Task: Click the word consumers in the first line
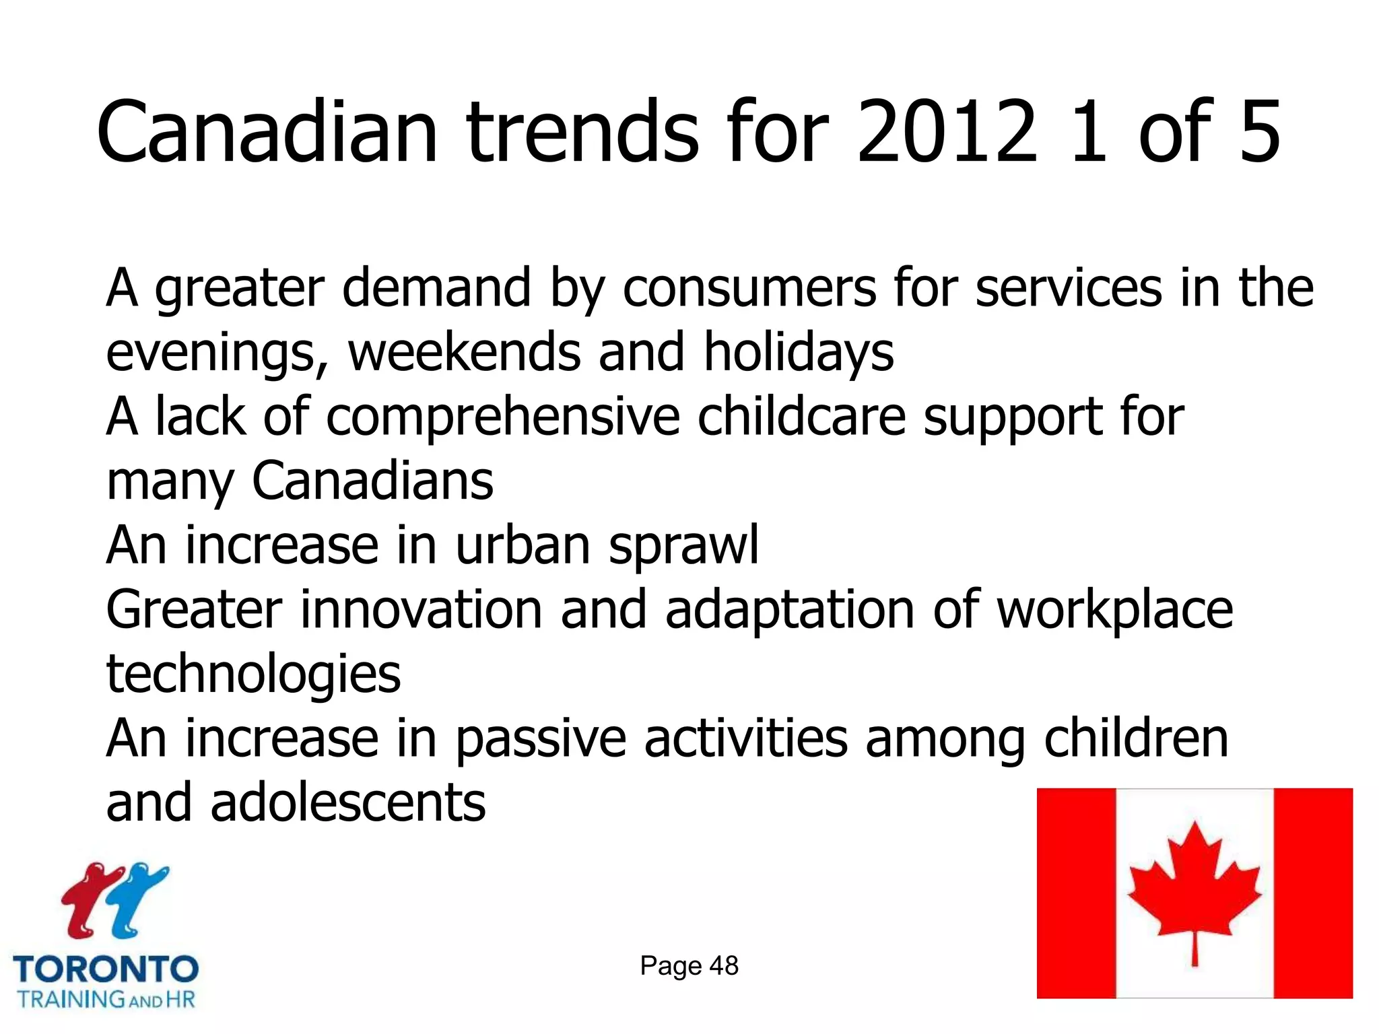[x=749, y=288]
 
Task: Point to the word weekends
[x=464, y=352]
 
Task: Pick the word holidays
[x=799, y=352]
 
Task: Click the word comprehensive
[x=503, y=417]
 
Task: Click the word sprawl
[x=683, y=545]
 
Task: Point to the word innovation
[x=421, y=609]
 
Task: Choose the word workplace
[x=1114, y=609]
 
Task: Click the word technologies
[x=253, y=674]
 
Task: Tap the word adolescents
[x=347, y=802]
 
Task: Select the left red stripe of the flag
[x=1076, y=893]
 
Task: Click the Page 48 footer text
[x=689, y=966]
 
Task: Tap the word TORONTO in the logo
[x=106, y=969]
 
